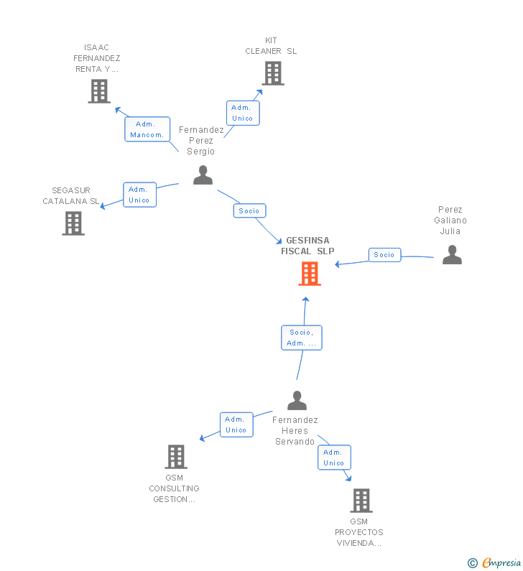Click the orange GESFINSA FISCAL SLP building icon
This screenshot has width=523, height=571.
click(310, 274)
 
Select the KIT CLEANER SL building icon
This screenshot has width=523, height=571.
click(273, 73)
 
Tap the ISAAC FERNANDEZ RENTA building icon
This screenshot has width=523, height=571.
click(99, 91)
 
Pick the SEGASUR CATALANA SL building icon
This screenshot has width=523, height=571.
click(73, 223)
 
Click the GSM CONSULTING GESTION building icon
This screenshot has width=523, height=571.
click(176, 456)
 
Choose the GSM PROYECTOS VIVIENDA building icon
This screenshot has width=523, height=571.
click(361, 501)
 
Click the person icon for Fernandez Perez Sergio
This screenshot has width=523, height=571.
click(203, 175)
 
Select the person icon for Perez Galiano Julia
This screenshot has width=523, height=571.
click(452, 254)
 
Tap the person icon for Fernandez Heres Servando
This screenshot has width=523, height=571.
click(297, 400)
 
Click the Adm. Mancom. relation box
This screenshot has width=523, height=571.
click(147, 129)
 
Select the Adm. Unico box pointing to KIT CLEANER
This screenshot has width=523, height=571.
click(243, 113)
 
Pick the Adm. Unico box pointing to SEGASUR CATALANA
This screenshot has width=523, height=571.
click(139, 195)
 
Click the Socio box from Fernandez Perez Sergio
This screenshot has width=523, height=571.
click(249, 211)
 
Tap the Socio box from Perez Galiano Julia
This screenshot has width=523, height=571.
click(384, 255)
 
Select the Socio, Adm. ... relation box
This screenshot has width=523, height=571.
click(302, 338)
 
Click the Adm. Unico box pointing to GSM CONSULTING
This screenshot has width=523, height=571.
click(236, 424)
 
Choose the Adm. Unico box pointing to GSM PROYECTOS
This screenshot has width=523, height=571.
click(334, 458)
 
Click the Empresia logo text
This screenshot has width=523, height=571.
click(501, 562)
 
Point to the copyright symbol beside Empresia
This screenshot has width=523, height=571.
click(473, 563)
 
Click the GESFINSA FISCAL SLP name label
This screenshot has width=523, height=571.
click(307, 246)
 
